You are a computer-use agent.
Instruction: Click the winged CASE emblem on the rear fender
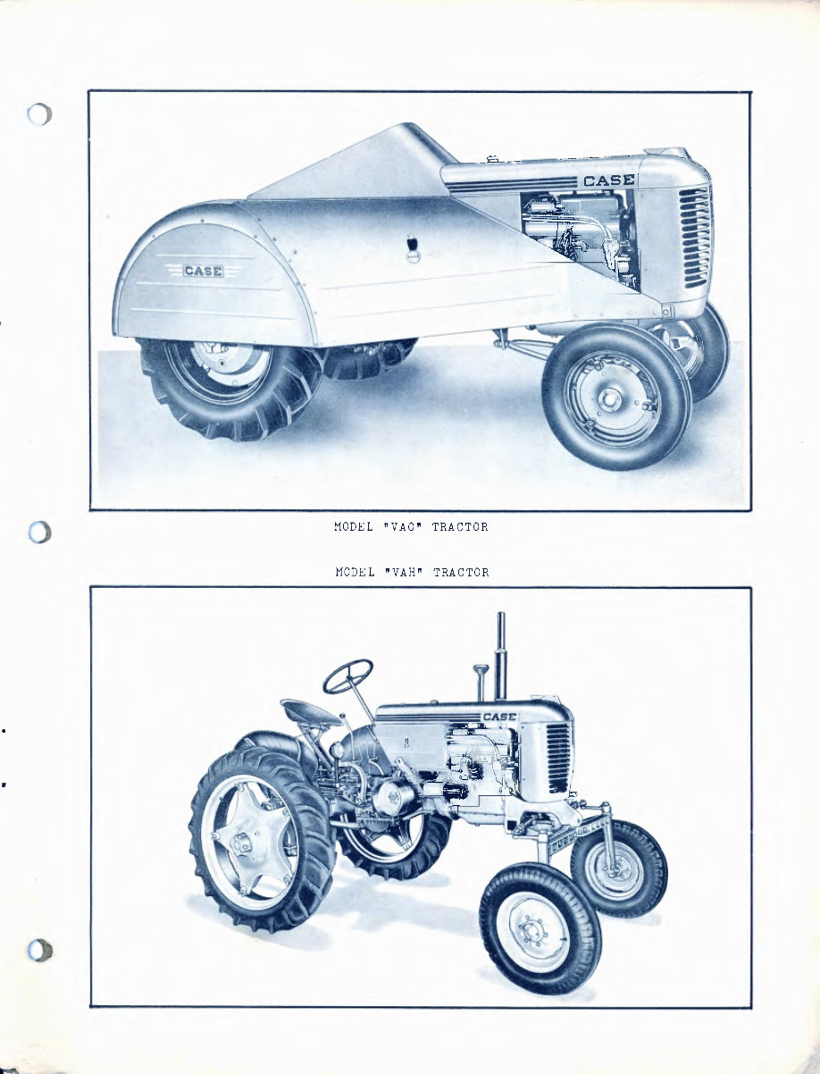coord(203,271)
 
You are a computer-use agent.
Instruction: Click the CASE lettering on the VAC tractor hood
coord(608,180)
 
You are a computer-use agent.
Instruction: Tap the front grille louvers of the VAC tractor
coord(695,236)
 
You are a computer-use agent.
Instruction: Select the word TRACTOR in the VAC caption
coord(460,527)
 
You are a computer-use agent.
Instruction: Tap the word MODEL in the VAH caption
coord(353,572)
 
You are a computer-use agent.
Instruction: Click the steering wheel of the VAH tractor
coord(347,676)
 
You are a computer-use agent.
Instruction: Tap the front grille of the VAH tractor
coord(557,758)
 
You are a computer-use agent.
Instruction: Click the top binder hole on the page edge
coord(40,116)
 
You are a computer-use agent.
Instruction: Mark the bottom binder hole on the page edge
coord(39,951)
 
